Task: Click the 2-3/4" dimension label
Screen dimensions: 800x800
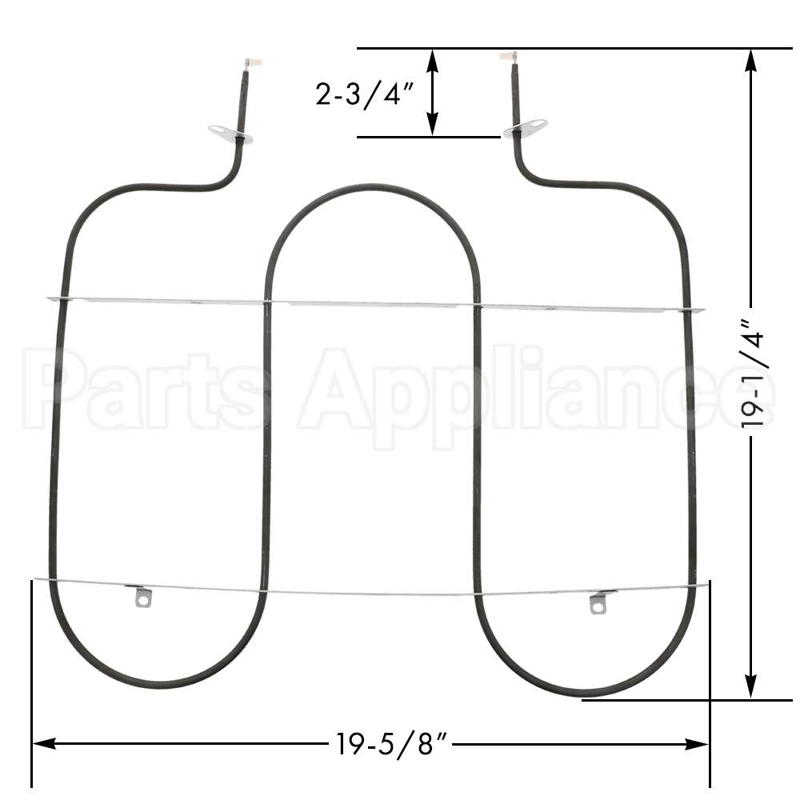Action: [x=364, y=95]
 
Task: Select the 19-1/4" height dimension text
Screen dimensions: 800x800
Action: [x=756, y=374]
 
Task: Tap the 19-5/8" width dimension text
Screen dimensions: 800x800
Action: [x=390, y=746]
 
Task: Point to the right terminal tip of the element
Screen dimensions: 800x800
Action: [x=508, y=56]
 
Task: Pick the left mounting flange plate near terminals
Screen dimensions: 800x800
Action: [x=230, y=134]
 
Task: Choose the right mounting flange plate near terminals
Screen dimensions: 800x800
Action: [x=526, y=128]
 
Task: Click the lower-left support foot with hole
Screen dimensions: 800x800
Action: [x=142, y=597]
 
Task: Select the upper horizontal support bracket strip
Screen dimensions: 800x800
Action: [x=376, y=305]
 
